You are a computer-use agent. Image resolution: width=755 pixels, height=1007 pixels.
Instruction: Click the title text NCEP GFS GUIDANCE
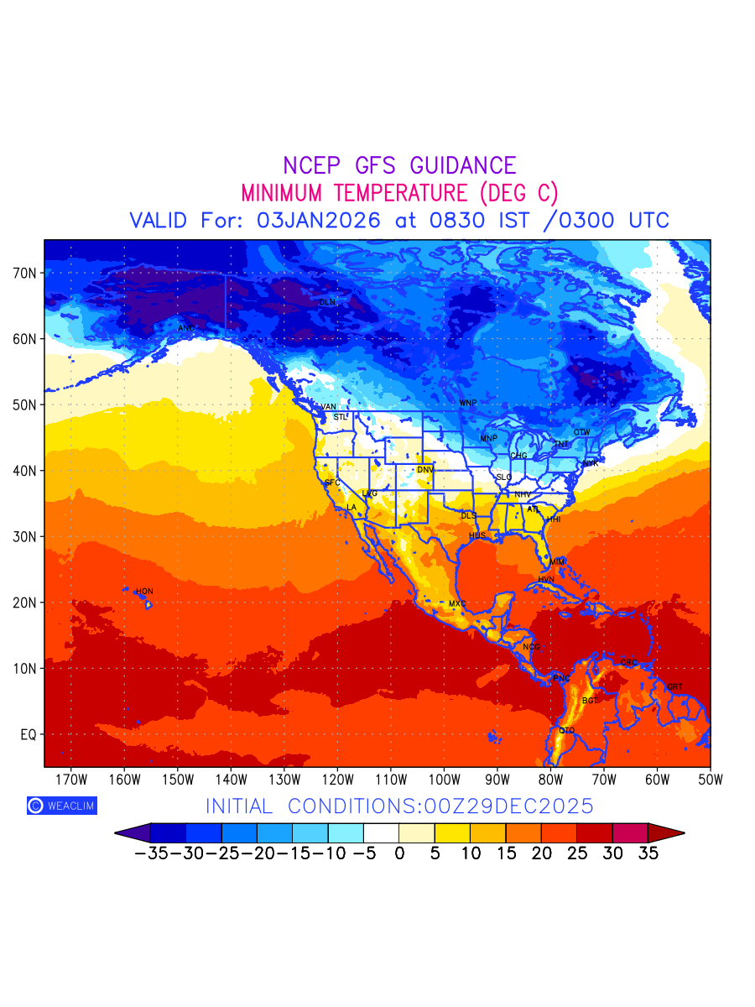(399, 165)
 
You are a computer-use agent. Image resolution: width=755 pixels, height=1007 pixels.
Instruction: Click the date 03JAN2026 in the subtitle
(318, 221)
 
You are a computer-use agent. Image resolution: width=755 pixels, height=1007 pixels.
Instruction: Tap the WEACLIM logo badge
(61, 806)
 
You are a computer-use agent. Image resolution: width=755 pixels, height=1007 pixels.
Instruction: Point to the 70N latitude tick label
(24, 274)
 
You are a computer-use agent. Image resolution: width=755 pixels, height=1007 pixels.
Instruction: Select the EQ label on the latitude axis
(28, 734)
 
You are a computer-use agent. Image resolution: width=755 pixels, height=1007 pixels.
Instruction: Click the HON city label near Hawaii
(144, 592)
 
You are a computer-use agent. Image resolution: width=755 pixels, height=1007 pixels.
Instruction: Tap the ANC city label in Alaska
(186, 328)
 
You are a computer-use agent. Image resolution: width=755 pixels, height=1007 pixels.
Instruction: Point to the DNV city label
(425, 470)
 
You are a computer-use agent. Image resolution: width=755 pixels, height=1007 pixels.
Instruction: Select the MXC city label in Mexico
(457, 604)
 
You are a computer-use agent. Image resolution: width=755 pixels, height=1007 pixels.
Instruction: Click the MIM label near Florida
(557, 561)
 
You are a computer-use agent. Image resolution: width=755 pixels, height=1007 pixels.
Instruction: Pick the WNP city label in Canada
(467, 404)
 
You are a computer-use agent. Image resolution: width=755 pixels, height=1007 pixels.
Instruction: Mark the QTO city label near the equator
(567, 731)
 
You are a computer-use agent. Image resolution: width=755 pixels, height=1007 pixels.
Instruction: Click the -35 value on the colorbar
(151, 854)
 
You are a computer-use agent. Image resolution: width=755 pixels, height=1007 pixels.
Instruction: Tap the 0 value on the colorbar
(399, 854)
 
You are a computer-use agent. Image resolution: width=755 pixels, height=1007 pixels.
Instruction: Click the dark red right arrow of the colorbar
(667, 832)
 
